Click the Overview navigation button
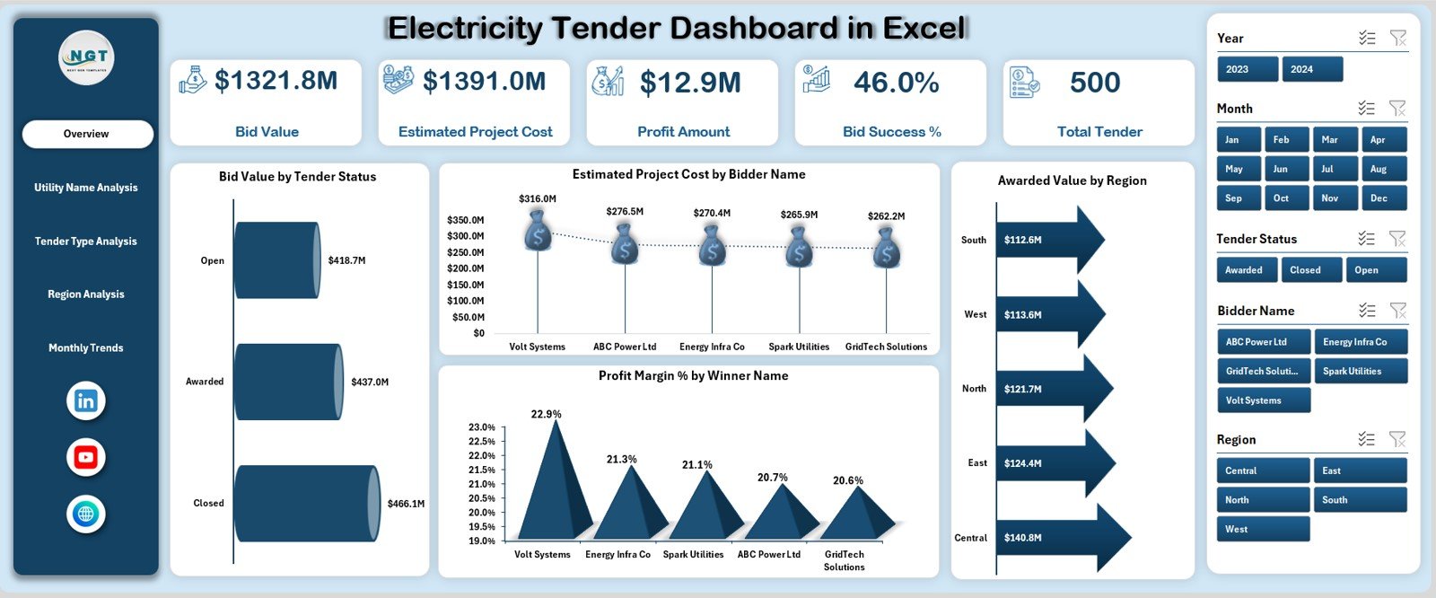tap(87, 134)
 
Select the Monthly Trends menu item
tap(86, 348)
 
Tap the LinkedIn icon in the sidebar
tap(86, 401)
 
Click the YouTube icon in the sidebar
tap(86, 457)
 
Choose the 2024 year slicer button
tap(1311, 69)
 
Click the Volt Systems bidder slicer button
tap(1263, 400)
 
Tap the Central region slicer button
tap(1263, 470)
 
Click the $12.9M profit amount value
tap(690, 84)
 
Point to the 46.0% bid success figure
tap(896, 84)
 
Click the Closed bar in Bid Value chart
tap(305, 503)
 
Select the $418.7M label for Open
tap(346, 260)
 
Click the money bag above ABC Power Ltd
tap(625, 242)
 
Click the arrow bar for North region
tap(1050, 389)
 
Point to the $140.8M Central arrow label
tap(1023, 538)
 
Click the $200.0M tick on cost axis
tap(466, 268)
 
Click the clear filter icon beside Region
tap(1397, 439)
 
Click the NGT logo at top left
tap(87, 57)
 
